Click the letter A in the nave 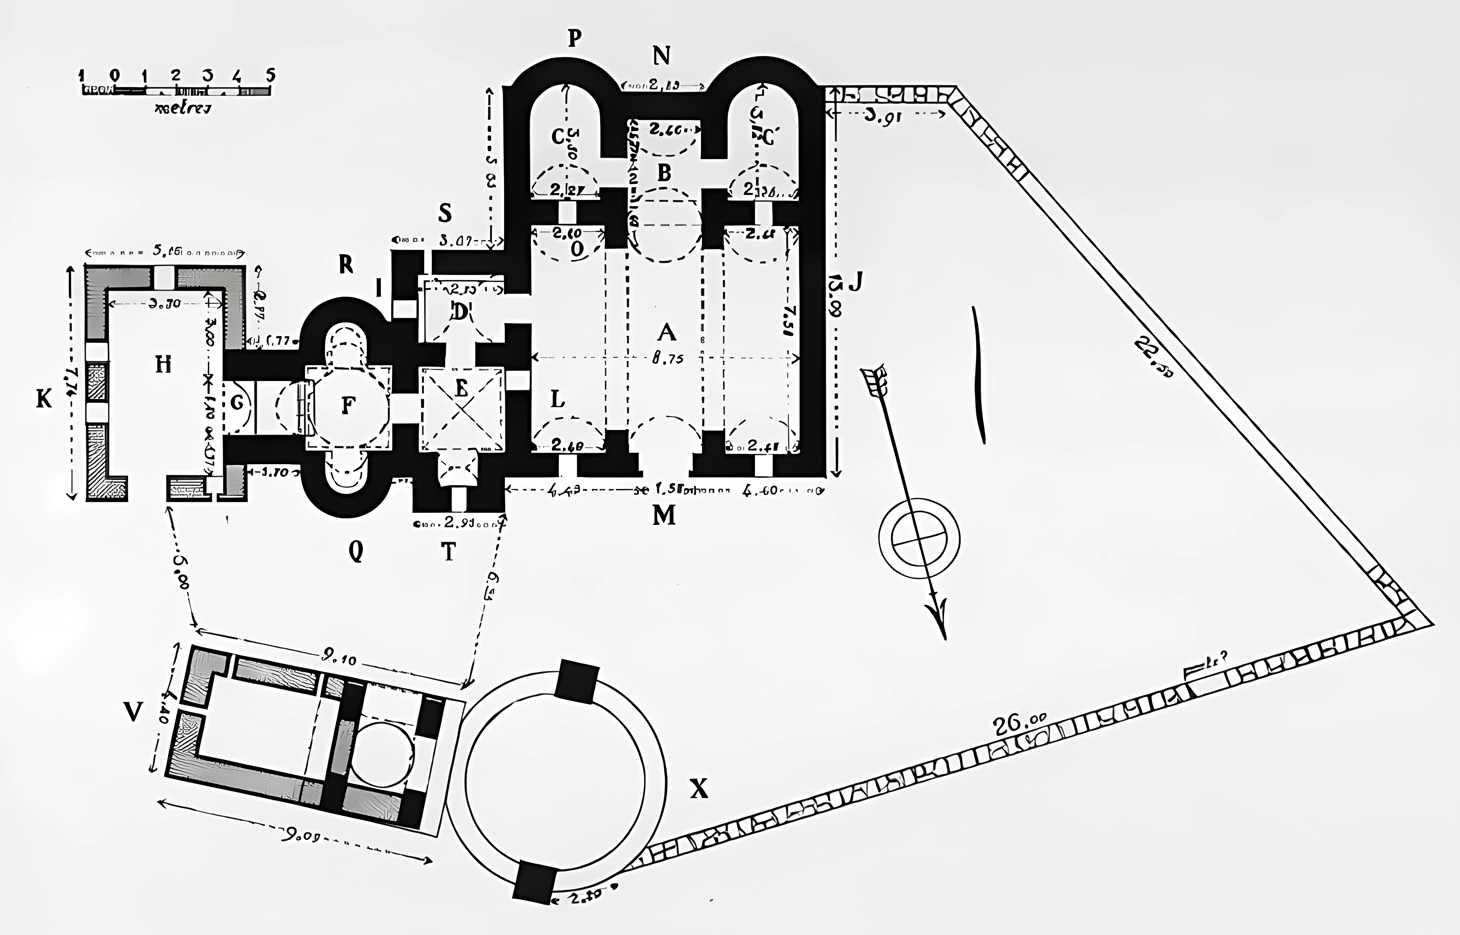click(x=666, y=333)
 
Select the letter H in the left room click(x=163, y=365)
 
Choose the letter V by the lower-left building click(x=132, y=711)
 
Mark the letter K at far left click(x=44, y=399)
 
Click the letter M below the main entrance click(x=664, y=515)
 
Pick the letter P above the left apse click(x=574, y=38)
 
